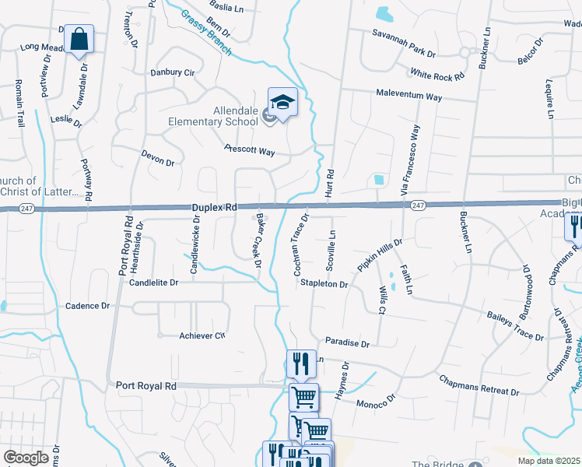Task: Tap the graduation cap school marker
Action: tap(282, 102)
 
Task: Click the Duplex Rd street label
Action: tap(214, 208)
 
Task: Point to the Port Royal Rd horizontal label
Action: tap(146, 385)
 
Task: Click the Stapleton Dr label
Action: tap(324, 284)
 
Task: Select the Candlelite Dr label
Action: tap(149, 284)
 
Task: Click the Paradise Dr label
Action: tap(347, 342)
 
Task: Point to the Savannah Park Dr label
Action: tap(403, 44)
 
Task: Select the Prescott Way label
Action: tap(250, 149)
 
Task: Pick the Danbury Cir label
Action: tap(172, 72)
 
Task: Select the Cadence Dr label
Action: tap(88, 306)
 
